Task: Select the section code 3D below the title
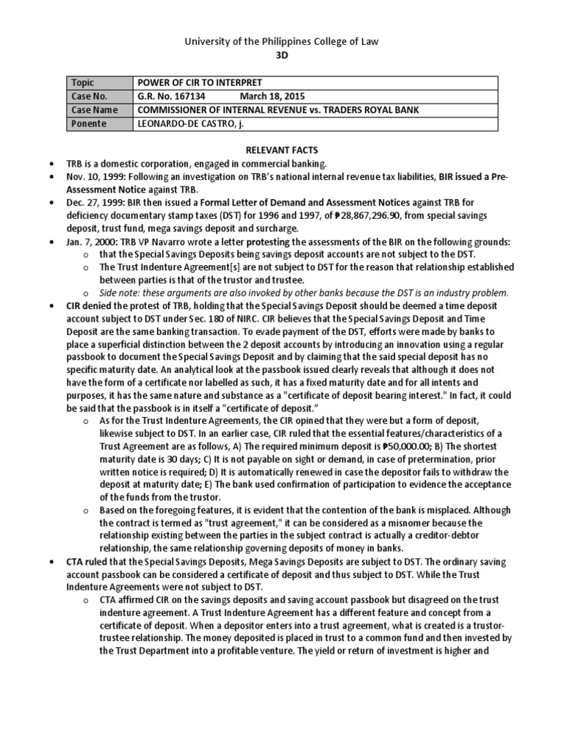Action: [x=282, y=58]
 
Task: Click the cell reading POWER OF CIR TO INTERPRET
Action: [x=200, y=83]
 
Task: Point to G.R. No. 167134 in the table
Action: [x=172, y=96]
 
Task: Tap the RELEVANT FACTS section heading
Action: [x=281, y=150]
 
